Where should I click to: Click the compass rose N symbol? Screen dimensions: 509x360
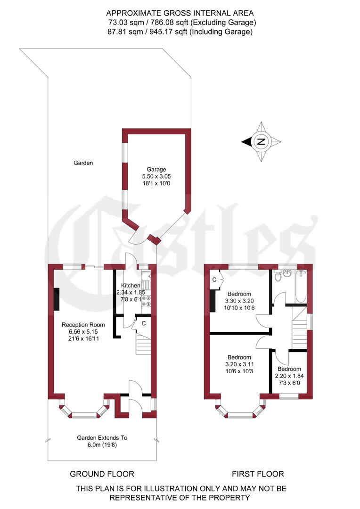coord(262,141)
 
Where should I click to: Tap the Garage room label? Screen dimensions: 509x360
coord(156,169)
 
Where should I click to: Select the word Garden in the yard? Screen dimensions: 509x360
coord(83,163)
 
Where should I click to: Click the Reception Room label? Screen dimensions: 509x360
coord(83,325)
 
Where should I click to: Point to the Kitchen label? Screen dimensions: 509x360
coord(131,286)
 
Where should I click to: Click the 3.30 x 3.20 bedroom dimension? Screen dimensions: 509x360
coord(240,301)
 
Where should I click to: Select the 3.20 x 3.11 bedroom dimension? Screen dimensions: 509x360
coord(239,364)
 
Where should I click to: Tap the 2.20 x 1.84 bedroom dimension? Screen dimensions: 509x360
coord(289,376)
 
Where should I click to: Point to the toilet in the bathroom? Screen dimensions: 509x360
coord(278,276)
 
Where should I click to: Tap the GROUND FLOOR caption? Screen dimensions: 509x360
coord(102,474)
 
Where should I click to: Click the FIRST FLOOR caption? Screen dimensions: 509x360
coord(258,474)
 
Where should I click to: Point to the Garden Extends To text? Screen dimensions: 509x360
coord(102,438)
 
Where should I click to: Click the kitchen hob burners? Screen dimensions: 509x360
coord(146,301)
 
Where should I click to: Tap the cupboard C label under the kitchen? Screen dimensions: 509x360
coord(143,323)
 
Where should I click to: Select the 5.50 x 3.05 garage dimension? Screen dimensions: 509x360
coord(156,176)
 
